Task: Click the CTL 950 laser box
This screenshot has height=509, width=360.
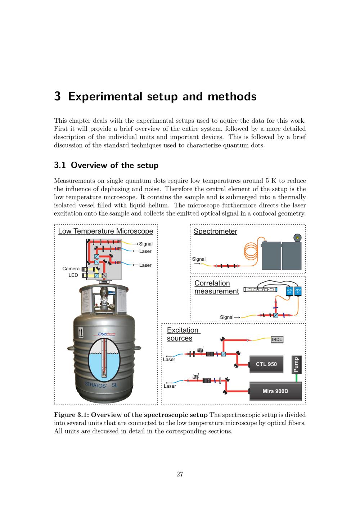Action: [266, 364]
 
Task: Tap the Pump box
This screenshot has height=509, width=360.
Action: [296, 365]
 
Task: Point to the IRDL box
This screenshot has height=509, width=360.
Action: [277, 339]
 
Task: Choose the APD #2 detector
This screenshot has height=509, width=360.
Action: [298, 291]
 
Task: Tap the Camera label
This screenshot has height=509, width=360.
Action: [71, 269]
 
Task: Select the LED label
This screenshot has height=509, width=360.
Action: [73, 275]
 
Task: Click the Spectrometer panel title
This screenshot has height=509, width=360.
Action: [215, 231]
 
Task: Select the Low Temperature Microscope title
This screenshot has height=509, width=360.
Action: [105, 231]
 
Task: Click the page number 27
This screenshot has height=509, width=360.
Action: [180, 474]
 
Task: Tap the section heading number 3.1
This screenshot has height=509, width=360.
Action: [60, 165]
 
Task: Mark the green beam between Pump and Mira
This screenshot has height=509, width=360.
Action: [296, 378]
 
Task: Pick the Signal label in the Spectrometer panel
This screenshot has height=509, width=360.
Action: [199, 259]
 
